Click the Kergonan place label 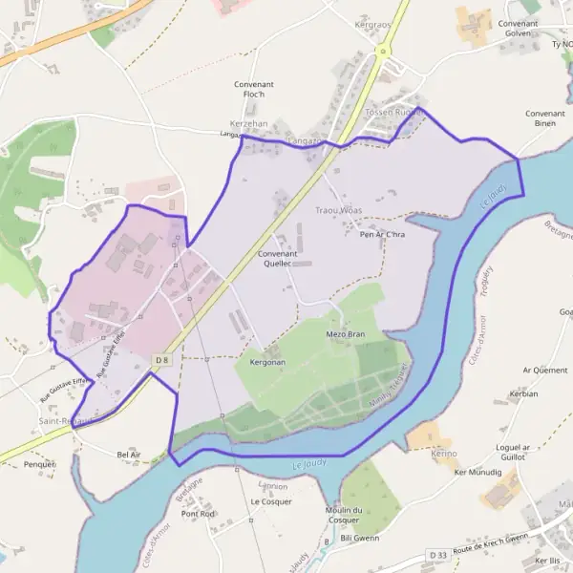[x=267, y=363]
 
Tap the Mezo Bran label [x=346, y=334]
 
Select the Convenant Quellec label [x=278, y=258]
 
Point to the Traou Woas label [x=338, y=210]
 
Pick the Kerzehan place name [x=249, y=124]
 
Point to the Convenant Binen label [x=545, y=118]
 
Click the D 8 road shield [x=161, y=359]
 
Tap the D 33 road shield [x=438, y=555]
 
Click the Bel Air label [x=128, y=455]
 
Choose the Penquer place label [x=40, y=464]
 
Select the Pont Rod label [x=198, y=514]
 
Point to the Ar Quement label [x=544, y=370]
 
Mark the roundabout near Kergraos [x=383, y=51]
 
